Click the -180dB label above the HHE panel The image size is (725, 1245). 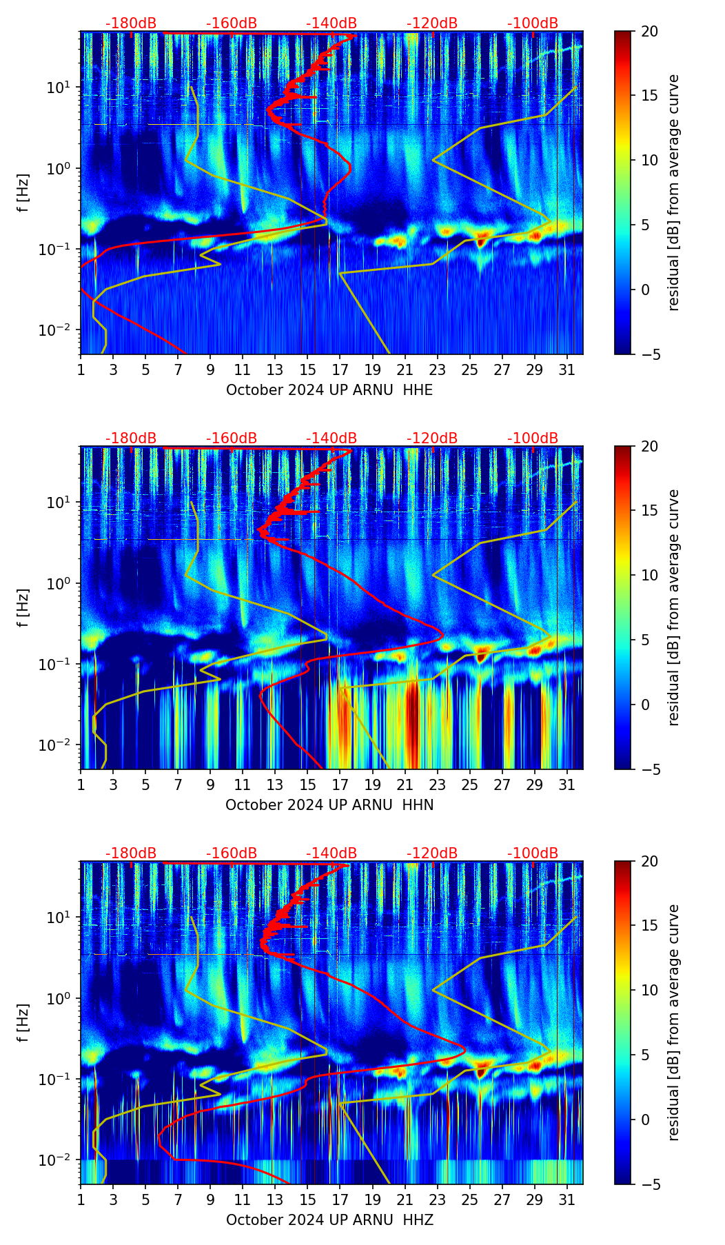coord(131,23)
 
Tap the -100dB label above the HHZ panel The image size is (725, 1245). coord(533,853)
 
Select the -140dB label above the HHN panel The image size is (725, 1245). coord(331,438)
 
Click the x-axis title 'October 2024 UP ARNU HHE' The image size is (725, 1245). coord(329,390)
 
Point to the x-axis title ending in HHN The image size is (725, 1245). coord(329,805)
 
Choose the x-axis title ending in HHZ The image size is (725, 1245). coord(329,1220)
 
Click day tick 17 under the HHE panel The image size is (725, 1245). coord(340,370)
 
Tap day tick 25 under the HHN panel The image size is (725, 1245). coord(470,785)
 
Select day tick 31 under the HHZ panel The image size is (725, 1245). coord(567,1200)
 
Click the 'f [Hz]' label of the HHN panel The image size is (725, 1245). coord(23,607)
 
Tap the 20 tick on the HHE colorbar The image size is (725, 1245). coord(649,32)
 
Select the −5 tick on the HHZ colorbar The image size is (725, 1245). coord(649,1184)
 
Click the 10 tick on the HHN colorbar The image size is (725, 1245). coord(649,575)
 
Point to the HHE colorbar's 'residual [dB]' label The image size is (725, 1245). coord(673,192)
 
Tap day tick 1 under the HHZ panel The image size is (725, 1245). coord(81,1200)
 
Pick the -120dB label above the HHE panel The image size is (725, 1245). coord(432,23)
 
